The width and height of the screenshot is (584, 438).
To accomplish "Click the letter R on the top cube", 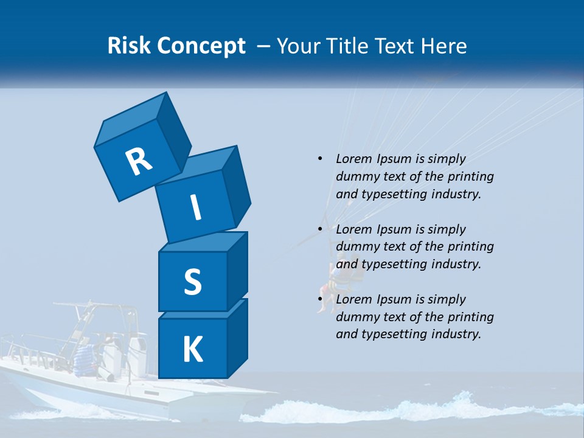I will [x=139, y=161].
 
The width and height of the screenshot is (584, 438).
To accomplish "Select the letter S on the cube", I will [x=192, y=282].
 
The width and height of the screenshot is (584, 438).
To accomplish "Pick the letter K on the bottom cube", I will [x=192, y=349].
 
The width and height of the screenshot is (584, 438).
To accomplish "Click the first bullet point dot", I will [x=320, y=159].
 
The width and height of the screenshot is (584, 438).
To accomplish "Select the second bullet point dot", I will [x=320, y=229].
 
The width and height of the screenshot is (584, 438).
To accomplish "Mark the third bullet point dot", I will [x=320, y=299].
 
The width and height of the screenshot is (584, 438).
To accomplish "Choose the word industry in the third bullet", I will [x=455, y=334].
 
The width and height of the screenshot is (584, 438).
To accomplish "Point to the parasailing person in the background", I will [x=332, y=283].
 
